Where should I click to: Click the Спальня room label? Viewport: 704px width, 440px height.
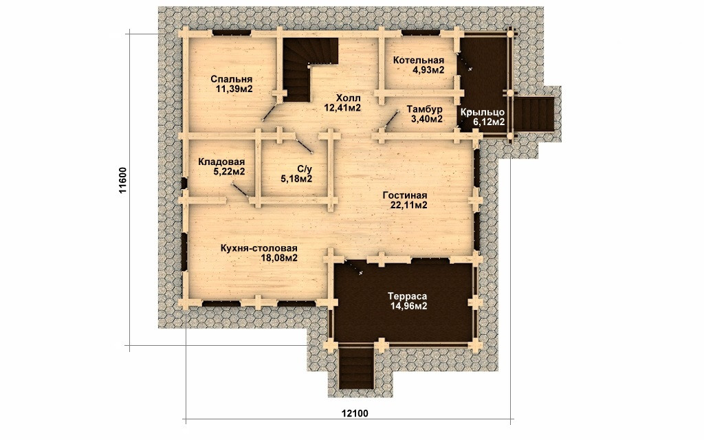point(231,80)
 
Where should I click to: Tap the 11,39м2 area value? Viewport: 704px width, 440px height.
point(234,89)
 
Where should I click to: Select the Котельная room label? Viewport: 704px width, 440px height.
point(419,60)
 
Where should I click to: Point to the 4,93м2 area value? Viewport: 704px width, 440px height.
point(428,69)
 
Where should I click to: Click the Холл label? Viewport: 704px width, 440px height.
point(348,98)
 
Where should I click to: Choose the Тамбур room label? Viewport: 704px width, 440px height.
point(425,109)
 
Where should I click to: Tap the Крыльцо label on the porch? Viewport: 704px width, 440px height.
point(483,112)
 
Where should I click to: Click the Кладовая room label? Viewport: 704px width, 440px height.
point(221,162)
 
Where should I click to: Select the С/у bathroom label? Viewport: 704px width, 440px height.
point(304,169)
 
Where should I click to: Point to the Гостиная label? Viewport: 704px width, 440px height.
point(404,196)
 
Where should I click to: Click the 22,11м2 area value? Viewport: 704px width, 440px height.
point(408,205)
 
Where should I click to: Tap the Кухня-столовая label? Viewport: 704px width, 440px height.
point(258,248)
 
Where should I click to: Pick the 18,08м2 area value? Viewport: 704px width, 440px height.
point(279,258)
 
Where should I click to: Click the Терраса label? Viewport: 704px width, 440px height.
point(407,297)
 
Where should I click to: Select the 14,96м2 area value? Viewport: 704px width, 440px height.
point(408,306)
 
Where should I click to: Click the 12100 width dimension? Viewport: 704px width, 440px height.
point(355,413)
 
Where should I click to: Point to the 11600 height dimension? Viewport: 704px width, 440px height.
point(124,180)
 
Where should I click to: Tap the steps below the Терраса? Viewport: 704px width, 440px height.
point(356,368)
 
